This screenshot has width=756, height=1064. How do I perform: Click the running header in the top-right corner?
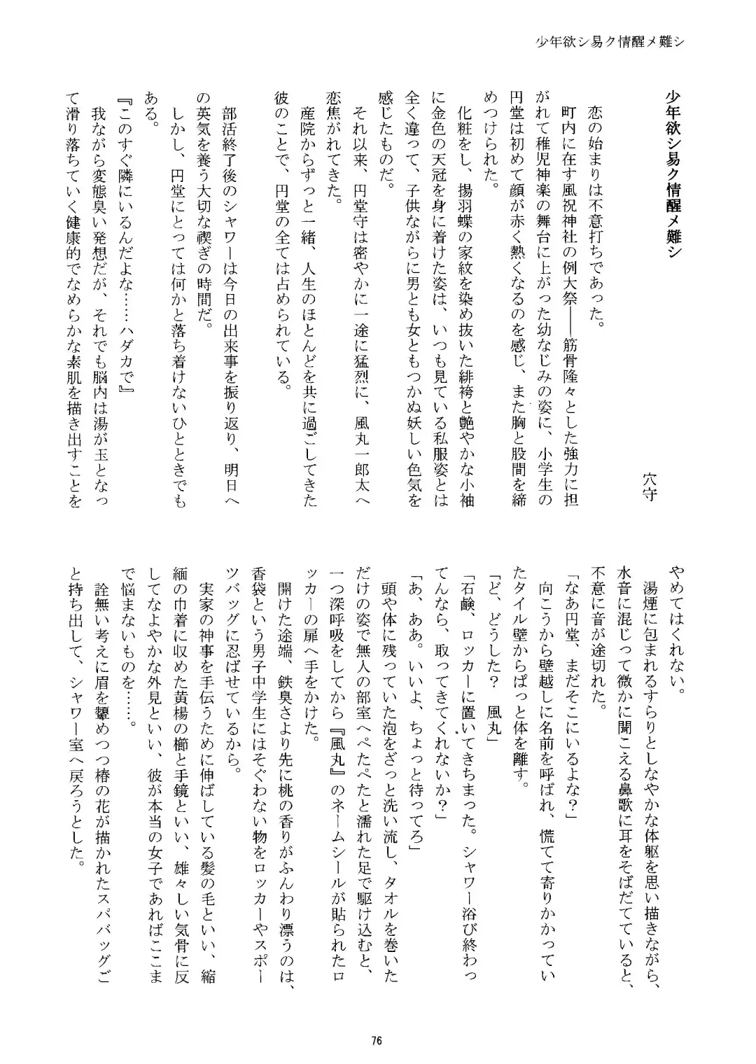609,41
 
